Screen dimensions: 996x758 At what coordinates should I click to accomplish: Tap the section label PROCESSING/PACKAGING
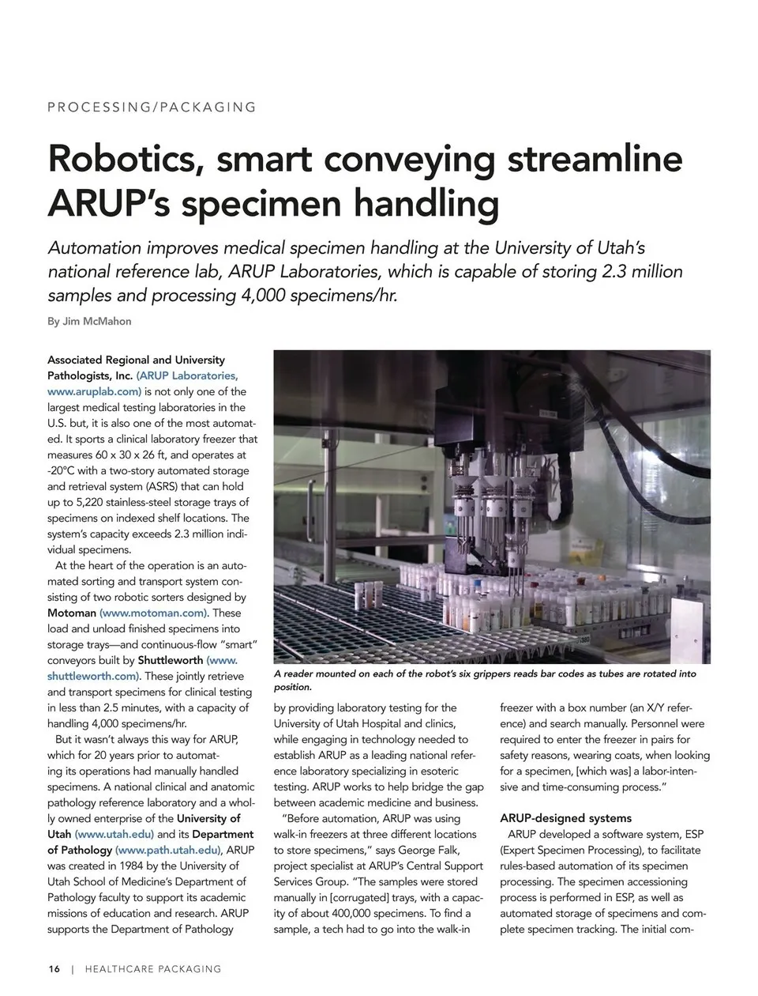[x=152, y=107]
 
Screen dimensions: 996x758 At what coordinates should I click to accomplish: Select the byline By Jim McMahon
[x=89, y=321]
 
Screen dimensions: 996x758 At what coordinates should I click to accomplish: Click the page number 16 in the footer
[x=54, y=968]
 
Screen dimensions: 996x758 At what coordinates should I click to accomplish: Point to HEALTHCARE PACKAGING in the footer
[x=152, y=968]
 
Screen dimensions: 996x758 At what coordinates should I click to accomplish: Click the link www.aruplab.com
[x=94, y=391]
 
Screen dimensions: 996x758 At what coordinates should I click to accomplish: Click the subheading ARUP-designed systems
[x=565, y=818]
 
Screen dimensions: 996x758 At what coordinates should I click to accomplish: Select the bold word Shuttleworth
[x=170, y=660]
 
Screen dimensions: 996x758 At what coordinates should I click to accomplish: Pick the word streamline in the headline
[x=594, y=158]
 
